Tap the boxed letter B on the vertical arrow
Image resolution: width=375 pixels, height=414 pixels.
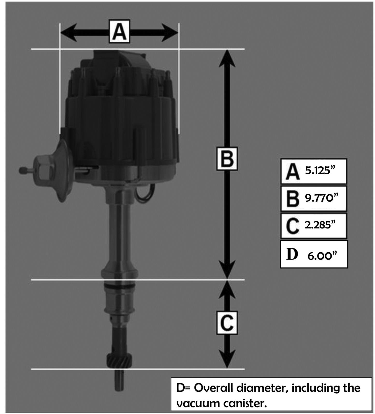tap(227, 159)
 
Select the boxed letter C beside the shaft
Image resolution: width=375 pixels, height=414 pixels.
tap(227, 323)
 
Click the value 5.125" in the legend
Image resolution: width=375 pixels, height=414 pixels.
tap(320, 171)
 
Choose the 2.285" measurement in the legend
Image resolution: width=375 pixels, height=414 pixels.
tap(320, 225)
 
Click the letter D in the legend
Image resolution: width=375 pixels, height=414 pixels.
tap(292, 254)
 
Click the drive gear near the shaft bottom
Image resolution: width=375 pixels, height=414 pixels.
tap(120, 360)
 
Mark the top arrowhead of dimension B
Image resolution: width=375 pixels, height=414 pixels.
tap(227, 58)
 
